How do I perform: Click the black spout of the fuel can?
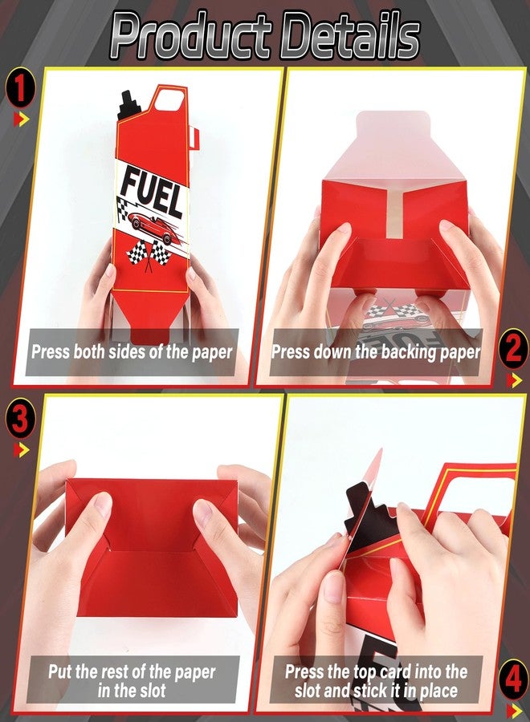coord(129,105)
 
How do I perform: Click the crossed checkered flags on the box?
coord(149,256)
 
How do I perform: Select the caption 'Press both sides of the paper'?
coord(132,352)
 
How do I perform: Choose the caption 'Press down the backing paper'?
coord(376,352)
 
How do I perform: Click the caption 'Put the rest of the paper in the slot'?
coord(132,681)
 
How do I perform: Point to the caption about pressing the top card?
coord(376,681)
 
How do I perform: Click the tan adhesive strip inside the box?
coord(395,212)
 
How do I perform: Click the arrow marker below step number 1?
coord(21,120)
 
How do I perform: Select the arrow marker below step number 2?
coord(514,380)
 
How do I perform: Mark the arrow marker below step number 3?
coord(21,450)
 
